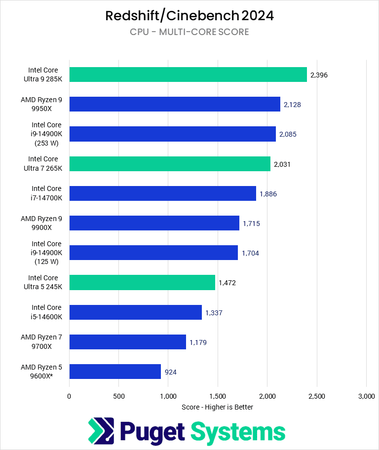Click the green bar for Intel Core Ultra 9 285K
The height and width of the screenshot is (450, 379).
coord(188,75)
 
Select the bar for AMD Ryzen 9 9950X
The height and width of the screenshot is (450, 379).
coord(175,104)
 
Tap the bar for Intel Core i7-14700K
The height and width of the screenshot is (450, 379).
coord(162,193)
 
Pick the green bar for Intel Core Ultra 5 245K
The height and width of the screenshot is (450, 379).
coord(142,283)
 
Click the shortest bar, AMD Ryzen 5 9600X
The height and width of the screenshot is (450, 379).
coord(115,372)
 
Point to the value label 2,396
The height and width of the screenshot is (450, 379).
coord(319,75)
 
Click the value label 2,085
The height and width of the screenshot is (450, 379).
coord(288,134)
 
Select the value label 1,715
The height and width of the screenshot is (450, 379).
coord(251,224)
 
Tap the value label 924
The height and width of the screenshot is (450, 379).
coord(170,372)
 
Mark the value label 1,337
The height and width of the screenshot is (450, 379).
coord(214,312)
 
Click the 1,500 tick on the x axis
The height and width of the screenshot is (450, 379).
coord(217,396)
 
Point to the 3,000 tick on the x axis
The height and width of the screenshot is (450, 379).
coord(366,396)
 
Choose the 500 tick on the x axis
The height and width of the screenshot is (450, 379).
coord(118,396)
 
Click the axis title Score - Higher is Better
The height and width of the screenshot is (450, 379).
coord(217,407)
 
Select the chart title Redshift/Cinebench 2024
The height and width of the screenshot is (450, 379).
coord(189,16)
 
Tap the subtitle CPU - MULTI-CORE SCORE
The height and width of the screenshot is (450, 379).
coord(189,32)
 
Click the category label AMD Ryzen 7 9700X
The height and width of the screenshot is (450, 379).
coord(41,341)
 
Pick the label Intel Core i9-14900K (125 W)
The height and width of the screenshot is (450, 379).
coord(46,253)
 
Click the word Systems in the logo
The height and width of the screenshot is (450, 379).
coord(238,432)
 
